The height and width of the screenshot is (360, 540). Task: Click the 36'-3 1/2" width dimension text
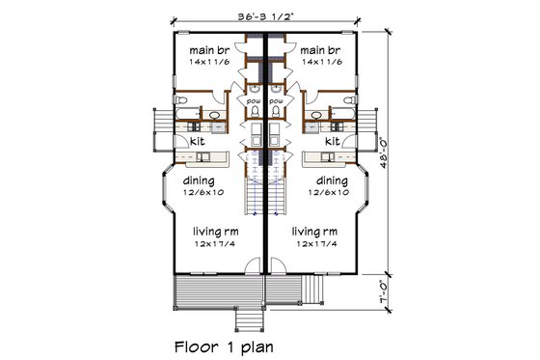(x=265, y=15)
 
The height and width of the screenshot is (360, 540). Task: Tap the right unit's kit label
(x=333, y=141)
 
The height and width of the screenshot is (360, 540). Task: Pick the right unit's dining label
(x=332, y=180)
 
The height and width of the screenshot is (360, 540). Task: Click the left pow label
(x=255, y=100)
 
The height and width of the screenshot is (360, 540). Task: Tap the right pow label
(x=276, y=100)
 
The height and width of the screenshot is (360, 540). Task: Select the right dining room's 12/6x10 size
(x=332, y=193)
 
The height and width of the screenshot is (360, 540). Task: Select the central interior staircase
(x=265, y=198)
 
